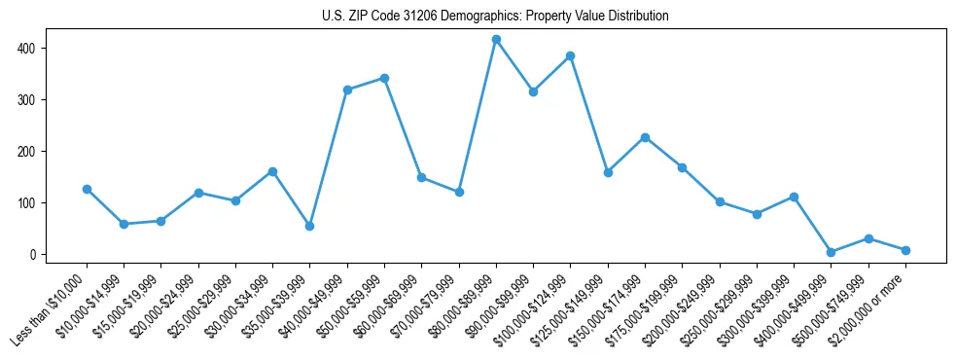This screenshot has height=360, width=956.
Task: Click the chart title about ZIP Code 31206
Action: point(495,17)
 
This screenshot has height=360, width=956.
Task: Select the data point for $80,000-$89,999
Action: point(496,40)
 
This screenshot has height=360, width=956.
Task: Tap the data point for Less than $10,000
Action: point(87,189)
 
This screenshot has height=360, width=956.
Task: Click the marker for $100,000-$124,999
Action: point(571,56)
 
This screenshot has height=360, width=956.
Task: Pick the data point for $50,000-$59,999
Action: point(384,78)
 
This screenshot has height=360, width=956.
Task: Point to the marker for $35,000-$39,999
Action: point(309,226)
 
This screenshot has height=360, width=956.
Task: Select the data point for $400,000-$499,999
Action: point(831,252)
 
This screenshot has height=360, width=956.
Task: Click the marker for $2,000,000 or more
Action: point(905,250)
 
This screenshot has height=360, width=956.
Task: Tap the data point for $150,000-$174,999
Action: point(645,137)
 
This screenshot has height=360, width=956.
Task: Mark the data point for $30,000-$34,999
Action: point(272,171)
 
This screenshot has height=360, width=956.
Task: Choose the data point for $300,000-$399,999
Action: point(794,197)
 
